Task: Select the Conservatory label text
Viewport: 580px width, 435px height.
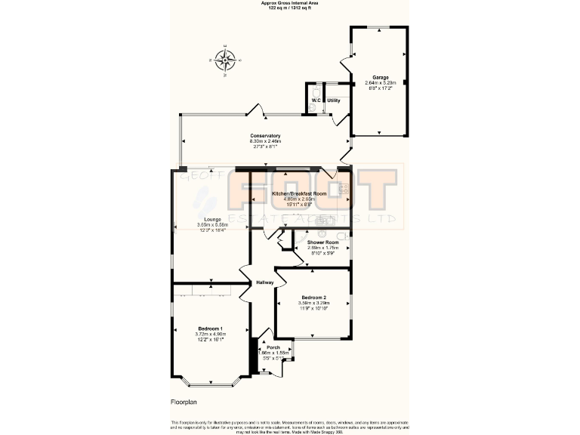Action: [x=265, y=136]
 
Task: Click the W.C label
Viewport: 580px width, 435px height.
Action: [x=316, y=100]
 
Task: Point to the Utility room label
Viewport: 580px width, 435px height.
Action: [x=334, y=100]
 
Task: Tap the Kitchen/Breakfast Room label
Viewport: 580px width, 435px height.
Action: [x=298, y=194]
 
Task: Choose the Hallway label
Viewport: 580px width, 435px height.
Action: [x=264, y=282]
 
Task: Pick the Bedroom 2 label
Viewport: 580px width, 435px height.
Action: [x=313, y=298]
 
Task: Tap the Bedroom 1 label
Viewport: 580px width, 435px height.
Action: [x=211, y=329]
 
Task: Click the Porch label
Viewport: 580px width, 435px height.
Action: [x=273, y=347]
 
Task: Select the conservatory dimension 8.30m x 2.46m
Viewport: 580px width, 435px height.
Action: [x=265, y=141]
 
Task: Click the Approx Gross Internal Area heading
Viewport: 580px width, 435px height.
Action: [x=290, y=3]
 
